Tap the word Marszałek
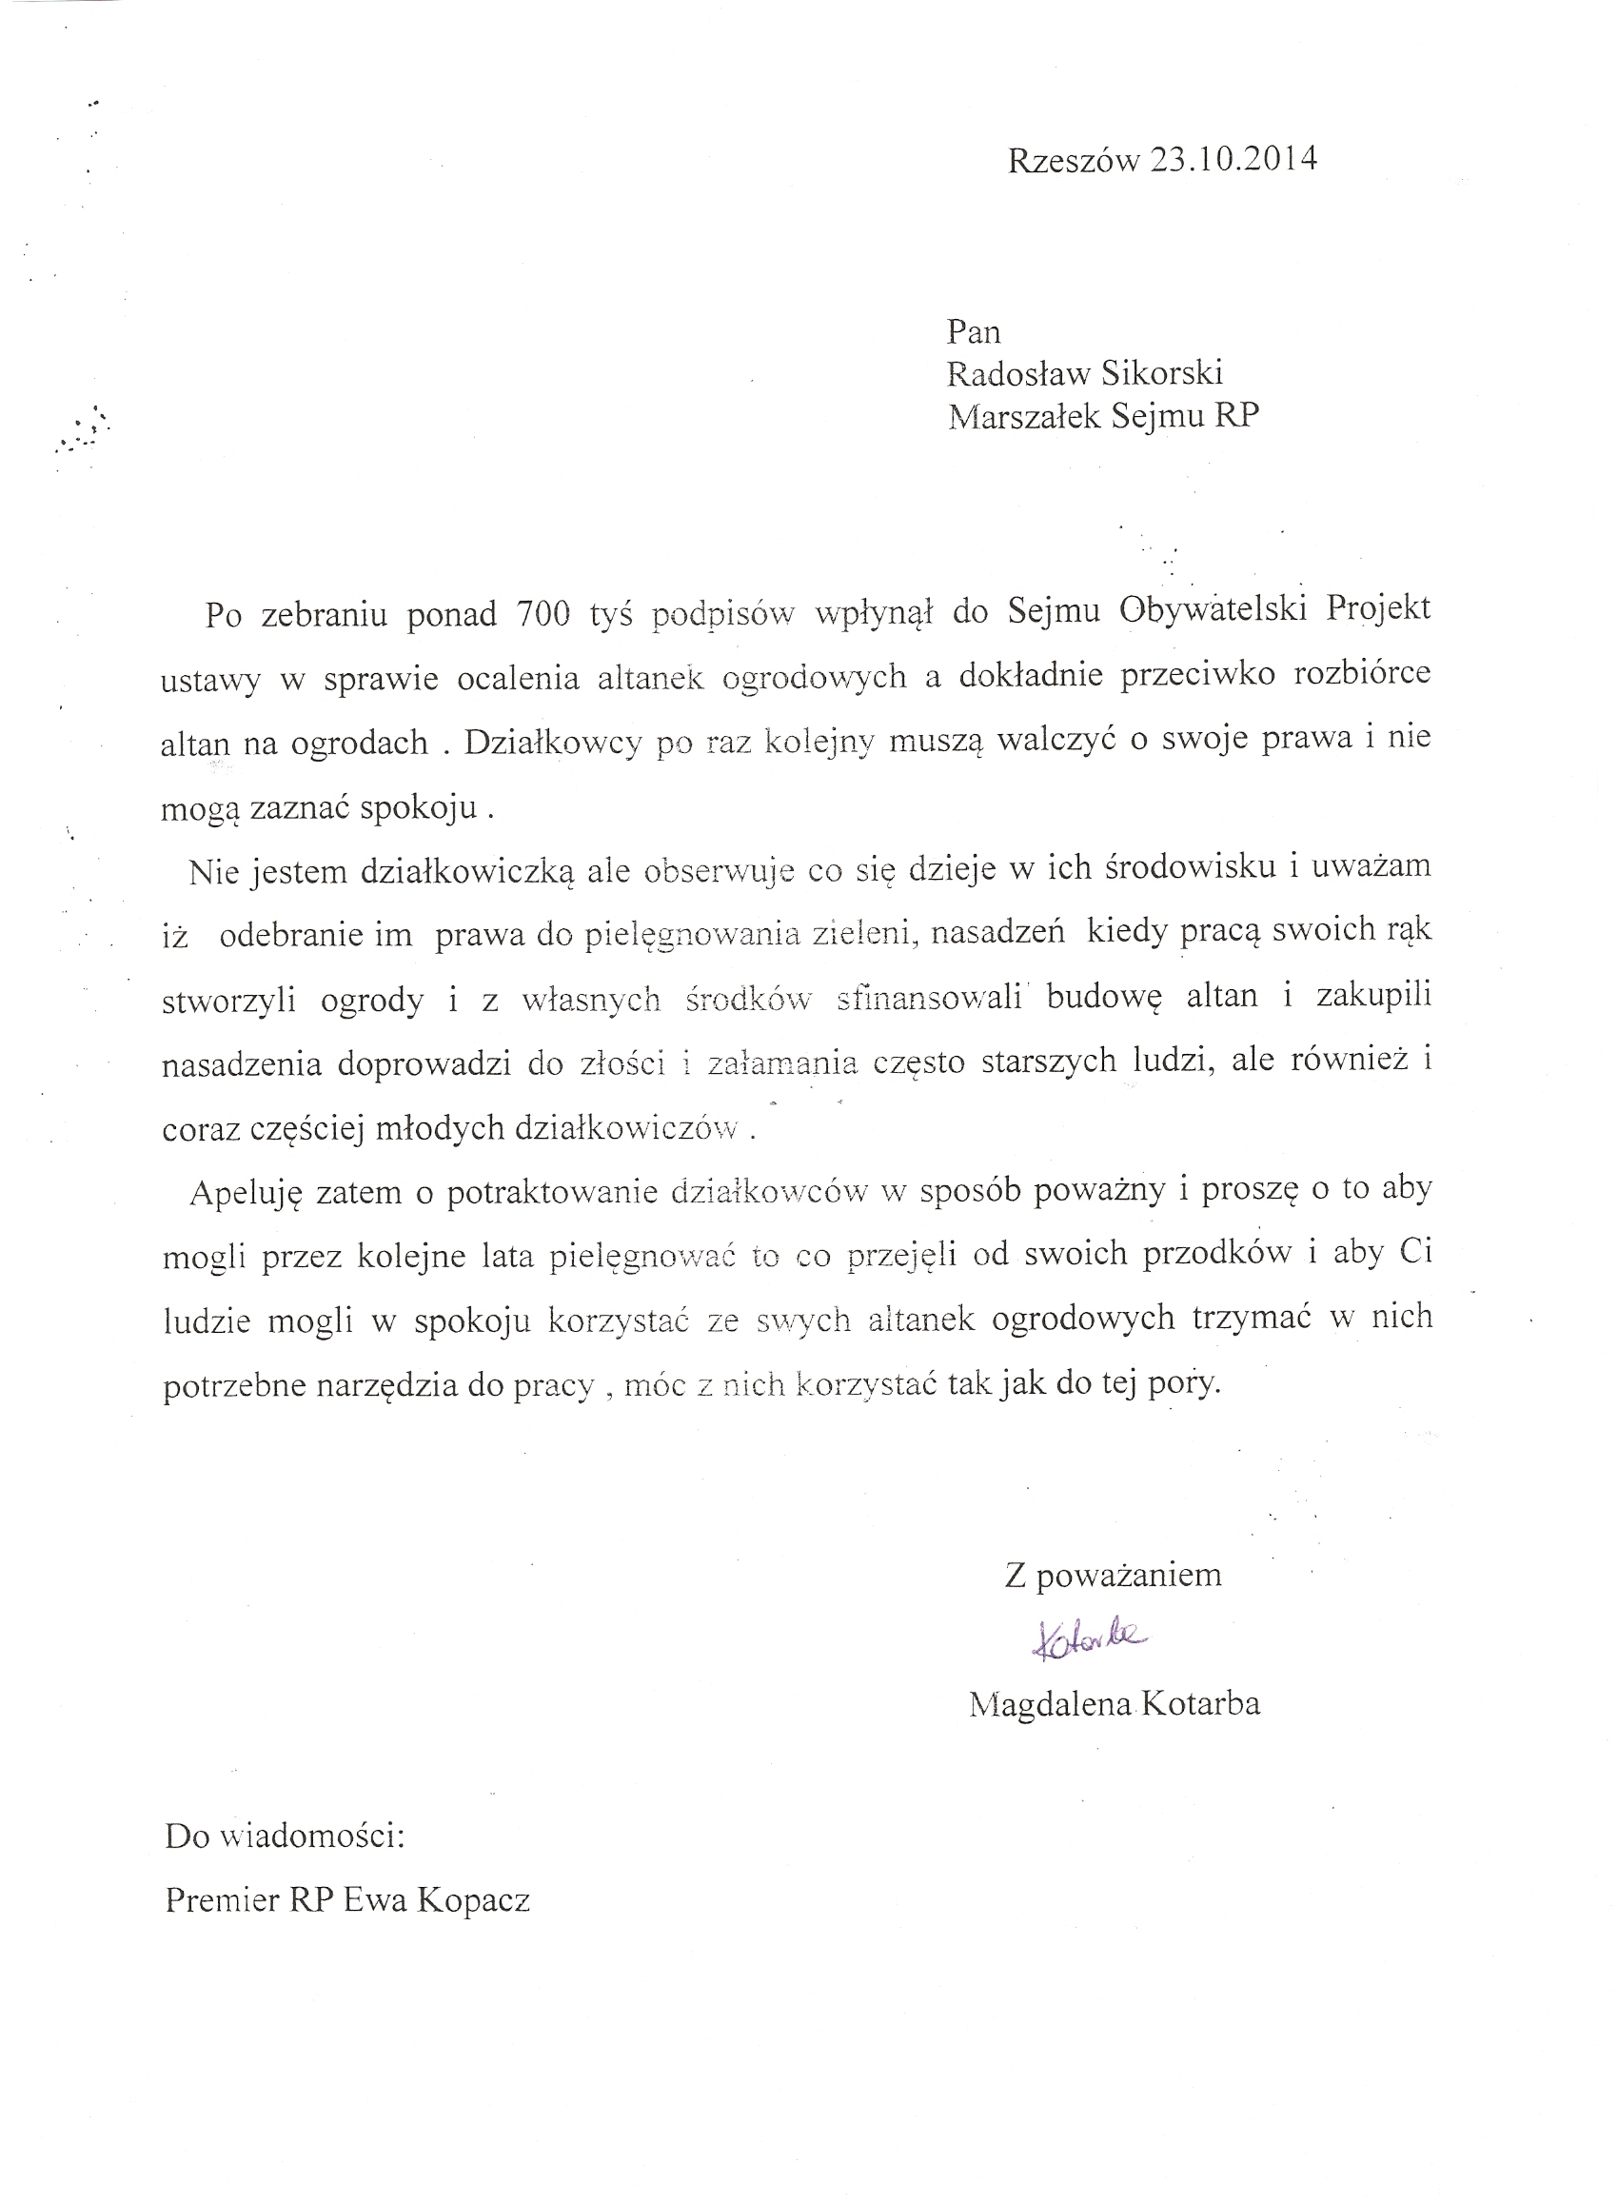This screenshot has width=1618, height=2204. coord(1025,417)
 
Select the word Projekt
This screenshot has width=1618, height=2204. coord(1378,609)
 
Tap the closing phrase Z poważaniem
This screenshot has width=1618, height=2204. coord(1113,1575)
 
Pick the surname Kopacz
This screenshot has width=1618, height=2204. coord(473,1900)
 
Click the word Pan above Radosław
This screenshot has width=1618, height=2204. coord(974,332)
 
